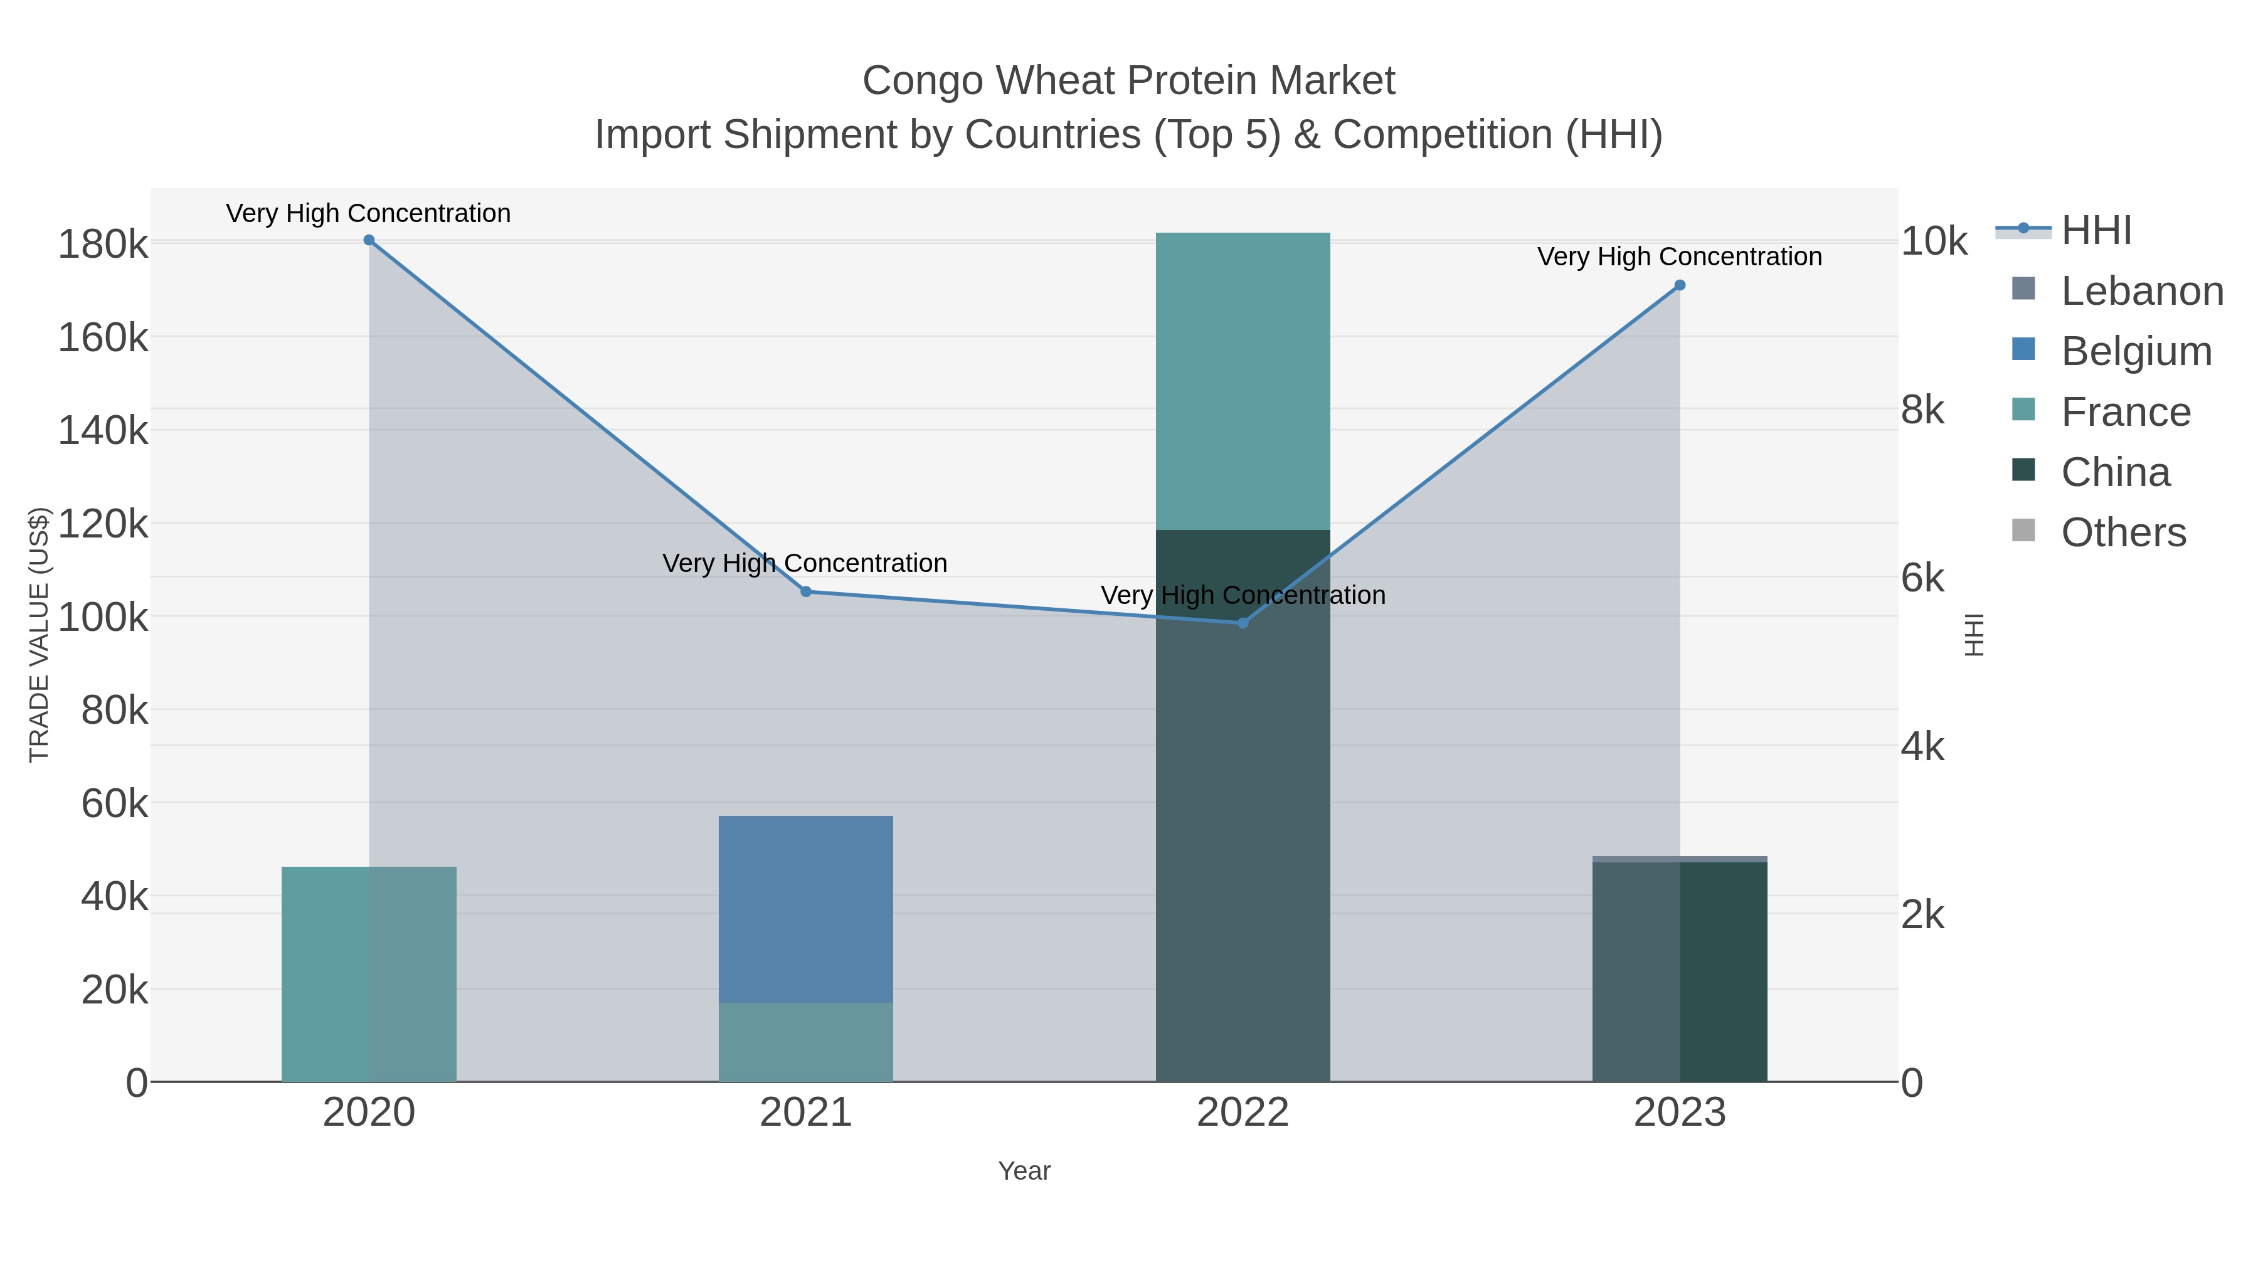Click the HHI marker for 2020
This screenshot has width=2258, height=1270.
click(369, 240)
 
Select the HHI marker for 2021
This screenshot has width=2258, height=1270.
click(807, 591)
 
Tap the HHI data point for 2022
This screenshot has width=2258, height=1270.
click(1242, 623)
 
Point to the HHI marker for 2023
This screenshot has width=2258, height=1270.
click(1680, 285)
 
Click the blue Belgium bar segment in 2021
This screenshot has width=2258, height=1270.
click(805, 908)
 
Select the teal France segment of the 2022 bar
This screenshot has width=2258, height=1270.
click(1242, 381)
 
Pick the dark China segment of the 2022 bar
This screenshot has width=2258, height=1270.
click(1242, 807)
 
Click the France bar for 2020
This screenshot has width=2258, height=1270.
click(369, 973)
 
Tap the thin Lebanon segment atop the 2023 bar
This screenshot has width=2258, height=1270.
click(1680, 859)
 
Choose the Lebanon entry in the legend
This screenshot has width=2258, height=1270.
click(2141, 291)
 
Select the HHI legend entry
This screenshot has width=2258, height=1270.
click(2095, 231)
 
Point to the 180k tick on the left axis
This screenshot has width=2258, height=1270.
click(103, 245)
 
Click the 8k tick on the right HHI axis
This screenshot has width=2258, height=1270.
click(1922, 410)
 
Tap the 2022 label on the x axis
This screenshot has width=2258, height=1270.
click(1242, 1113)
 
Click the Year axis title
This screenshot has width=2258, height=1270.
click(1024, 1171)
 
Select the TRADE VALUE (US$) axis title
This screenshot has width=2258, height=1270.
click(40, 635)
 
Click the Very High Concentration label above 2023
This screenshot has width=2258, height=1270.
click(1680, 257)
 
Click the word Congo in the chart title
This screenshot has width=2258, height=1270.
click(924, 81)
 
